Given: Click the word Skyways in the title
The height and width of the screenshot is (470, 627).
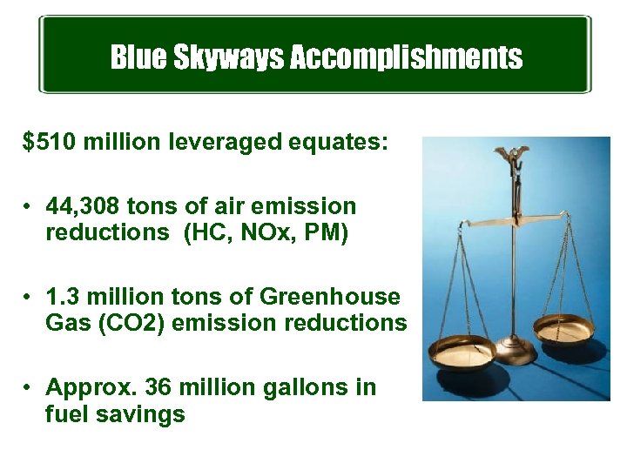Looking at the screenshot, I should coord(228,58).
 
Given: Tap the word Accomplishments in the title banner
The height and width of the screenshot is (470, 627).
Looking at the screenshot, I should coord(406,58).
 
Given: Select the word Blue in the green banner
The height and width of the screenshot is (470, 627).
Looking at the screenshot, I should coord(138,58).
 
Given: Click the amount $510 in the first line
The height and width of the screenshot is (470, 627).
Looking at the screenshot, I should coord(50,142).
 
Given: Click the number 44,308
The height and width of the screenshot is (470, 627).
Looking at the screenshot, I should coord(83,206).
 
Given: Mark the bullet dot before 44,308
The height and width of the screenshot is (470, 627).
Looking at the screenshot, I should coord(30,207).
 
